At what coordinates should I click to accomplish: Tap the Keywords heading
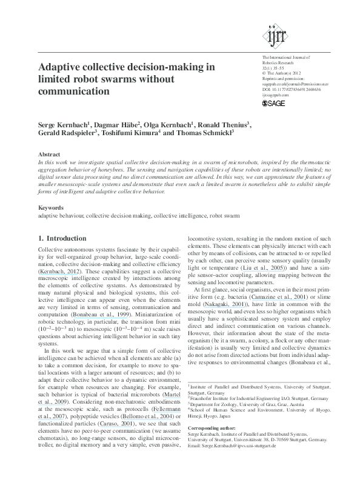pyautogui.click(x=51, y=208)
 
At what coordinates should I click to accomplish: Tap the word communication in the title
pyautogui.click(x=73, y=92)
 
